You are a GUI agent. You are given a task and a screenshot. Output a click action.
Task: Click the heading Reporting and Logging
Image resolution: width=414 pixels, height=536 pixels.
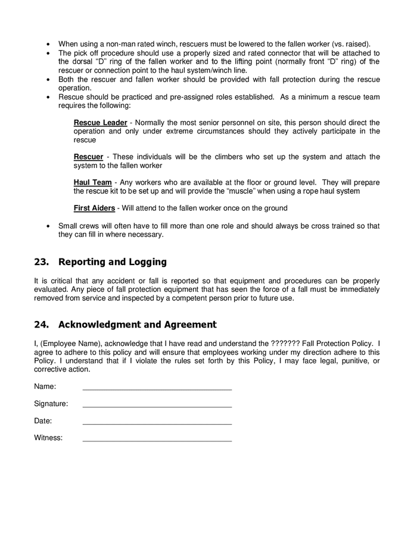click(x=113, y=262)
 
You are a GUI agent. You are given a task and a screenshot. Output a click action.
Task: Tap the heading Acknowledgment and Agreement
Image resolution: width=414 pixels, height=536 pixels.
click(x=138, y=325)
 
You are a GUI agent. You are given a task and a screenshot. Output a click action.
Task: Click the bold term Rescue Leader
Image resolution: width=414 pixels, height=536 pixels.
click(x=100, y=123)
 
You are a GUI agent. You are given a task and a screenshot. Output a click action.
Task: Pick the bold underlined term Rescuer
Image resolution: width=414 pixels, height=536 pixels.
click(x=89, y=157)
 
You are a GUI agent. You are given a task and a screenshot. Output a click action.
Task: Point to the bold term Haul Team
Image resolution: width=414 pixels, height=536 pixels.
click(x=92, y=183)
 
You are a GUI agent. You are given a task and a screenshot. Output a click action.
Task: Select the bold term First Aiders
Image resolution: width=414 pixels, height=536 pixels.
click(x=94, y=208)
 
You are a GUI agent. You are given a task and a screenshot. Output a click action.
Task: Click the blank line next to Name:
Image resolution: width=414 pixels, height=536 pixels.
click(x=157, y=388)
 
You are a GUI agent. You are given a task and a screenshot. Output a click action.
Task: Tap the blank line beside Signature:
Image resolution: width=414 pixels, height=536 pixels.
click(x=157, y=405)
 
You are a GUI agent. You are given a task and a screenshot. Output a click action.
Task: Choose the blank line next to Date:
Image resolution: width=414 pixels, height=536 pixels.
click(x=157, y=422)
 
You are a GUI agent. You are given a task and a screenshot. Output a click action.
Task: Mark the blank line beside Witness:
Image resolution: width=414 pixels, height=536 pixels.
click(x=157, y=440)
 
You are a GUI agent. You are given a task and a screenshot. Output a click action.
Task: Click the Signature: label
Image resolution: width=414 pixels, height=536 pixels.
click(x=51, y=404)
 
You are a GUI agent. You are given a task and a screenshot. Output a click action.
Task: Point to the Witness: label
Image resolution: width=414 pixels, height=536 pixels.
click(x=48, y=438)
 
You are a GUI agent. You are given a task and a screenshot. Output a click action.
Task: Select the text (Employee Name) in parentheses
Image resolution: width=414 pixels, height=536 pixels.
click(x=70, y=344)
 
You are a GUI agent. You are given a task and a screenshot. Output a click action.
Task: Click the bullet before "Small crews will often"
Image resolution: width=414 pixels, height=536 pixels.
click(x=48, y=226)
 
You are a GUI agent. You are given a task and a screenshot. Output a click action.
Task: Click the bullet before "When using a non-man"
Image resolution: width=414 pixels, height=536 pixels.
click(x=48, y=44)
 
